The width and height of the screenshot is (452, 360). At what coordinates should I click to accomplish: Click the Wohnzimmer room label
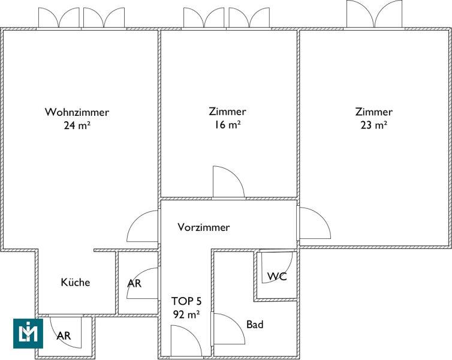click(77, 112)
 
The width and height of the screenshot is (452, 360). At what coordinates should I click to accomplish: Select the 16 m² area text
click(227, 125)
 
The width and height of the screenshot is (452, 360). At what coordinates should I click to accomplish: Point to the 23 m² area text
click(373, 125)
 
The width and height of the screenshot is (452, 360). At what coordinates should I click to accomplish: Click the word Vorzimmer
click(204, 227)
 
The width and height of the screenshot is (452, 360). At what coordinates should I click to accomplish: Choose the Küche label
click(76, 282)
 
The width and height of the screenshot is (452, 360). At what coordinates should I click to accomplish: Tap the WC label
click(276, 277)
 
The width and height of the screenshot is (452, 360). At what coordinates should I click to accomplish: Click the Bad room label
click(255, 325)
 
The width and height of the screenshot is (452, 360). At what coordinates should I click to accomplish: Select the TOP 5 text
click(186, 301)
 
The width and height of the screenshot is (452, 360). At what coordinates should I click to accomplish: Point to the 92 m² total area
click(186, 313)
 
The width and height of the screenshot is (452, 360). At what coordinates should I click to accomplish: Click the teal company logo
click(28, 334)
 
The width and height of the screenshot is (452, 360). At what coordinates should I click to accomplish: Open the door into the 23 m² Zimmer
click(313, 223)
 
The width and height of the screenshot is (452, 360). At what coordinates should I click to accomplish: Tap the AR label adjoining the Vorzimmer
click(134, 283)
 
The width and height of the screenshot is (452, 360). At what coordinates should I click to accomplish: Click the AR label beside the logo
click(64, 336)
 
